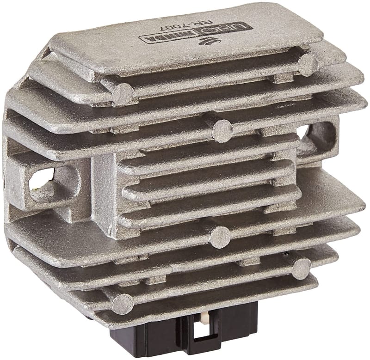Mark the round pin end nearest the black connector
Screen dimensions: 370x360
pos(123,304)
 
